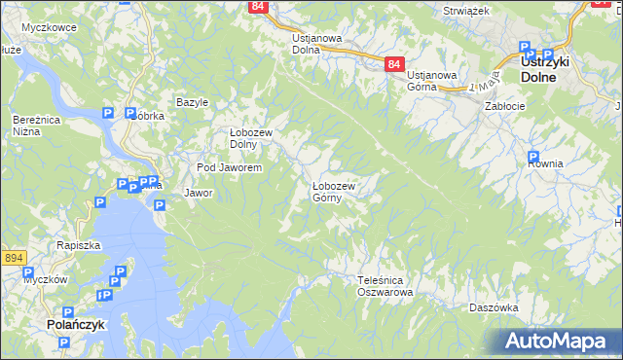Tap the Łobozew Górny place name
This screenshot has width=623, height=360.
(x=333, y=191)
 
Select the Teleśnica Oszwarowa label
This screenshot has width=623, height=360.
(x=385, y=285)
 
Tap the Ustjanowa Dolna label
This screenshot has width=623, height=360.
(x=316, y=44)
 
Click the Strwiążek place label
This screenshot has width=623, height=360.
(x=464, y=11)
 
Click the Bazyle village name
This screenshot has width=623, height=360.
(x=193, y=102)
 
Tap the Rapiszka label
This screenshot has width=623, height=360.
(x=79, y=245)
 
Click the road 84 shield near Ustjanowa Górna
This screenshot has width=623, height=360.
(x=393, y=64)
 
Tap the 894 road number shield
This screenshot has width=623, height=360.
(x=13, y=258)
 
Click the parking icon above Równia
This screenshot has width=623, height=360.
(x=533, y=157)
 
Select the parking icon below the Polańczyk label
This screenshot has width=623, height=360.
(x=64, y=343)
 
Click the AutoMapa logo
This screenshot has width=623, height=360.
(x=557, y=342)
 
